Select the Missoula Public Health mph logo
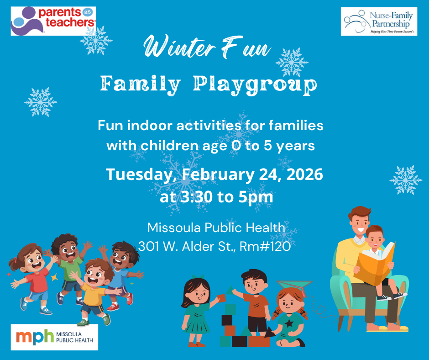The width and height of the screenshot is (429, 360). (54, 337)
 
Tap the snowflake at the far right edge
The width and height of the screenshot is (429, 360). (405, 180)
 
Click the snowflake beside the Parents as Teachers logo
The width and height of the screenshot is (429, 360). (96, 40)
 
